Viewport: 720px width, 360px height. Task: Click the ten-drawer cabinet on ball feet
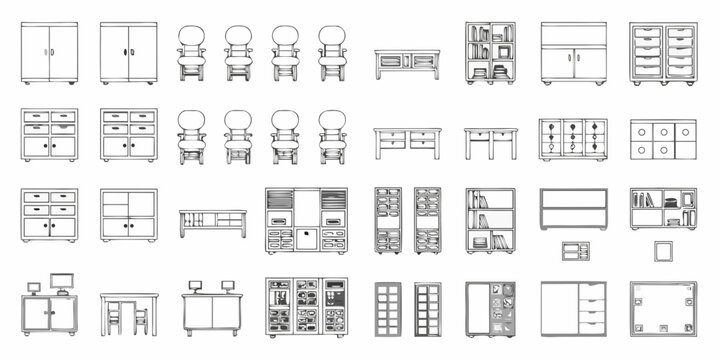click(x=663, y=53)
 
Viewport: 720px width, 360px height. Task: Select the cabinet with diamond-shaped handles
click(x=573, y=139)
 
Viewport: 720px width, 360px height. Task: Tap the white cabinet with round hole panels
click(x=663, y=139)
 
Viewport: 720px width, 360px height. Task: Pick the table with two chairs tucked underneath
click(x=129, y=313)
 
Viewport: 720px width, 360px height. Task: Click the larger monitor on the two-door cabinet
click(x=63, y=283)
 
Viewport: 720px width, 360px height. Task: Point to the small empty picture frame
click(x=663, y=251)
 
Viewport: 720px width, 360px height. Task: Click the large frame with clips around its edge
click(x=663, y=308)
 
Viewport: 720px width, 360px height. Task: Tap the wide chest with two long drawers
click(x=573, y=209)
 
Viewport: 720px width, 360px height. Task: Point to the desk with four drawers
click(x=406, y=142)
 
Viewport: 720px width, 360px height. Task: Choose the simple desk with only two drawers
click(x=490, y=142)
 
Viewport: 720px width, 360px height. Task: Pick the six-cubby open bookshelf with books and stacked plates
click(x=490, y=53)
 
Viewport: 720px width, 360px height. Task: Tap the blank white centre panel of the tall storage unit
click(x=306, y=238)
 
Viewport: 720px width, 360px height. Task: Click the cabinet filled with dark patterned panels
click(x=306, y=307)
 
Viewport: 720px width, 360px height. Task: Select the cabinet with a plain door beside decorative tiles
click(x=490, y=308)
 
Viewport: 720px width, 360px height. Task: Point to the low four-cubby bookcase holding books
click(x=663, y=209)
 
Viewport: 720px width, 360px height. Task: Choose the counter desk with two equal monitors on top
click(x=212, y=308)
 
